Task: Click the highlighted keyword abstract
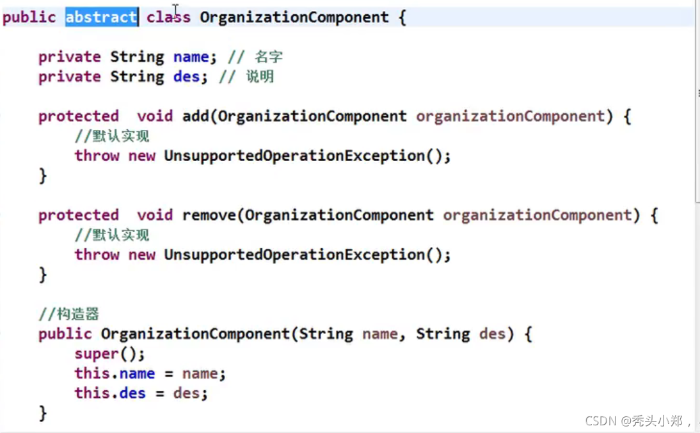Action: point(101,17)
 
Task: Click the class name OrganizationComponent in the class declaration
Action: point(294,17)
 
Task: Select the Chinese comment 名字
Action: point(269,57)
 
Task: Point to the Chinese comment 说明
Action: point(260,77)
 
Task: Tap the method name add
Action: point(195,116)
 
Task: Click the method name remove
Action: point(209,215)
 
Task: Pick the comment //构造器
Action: point(68,314)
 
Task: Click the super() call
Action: point(109,354)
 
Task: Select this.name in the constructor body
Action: point(115,374)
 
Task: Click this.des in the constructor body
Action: point(110,393)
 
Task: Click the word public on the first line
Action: point(29,17)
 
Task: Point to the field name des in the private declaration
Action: point(186,77)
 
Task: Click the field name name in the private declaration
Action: point(191,57)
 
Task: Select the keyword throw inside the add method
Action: point(97,155)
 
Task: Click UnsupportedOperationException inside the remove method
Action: point(294,255)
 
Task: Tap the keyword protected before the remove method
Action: point(78,215)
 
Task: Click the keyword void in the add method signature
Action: point(155,116)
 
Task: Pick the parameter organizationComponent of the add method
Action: point(510,116)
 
